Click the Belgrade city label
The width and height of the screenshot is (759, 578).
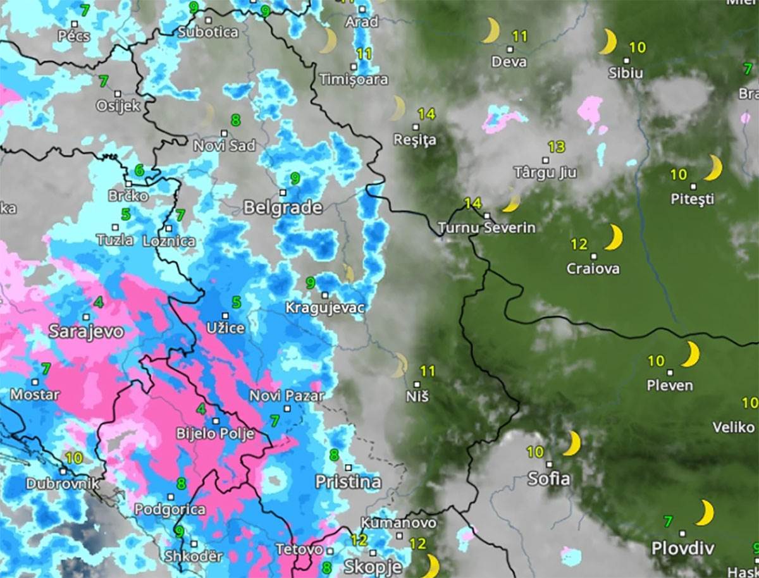(x=283, y=207)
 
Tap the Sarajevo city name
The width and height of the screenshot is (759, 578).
(x=86, y=331)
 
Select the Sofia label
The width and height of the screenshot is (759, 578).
(x=549, y=479)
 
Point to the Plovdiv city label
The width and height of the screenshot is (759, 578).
(x=682, y=548)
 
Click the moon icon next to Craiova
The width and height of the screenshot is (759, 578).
(x=612, y=237)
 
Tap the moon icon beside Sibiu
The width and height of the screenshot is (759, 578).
(x=607, y=42)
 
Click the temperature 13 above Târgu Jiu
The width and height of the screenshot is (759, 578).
(x=556, y=147)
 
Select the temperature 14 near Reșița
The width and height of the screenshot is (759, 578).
(x=426, y=114)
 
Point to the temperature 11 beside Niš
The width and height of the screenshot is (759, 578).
(x=428, y=371)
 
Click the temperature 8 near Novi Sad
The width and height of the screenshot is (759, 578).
(x=236, y=120)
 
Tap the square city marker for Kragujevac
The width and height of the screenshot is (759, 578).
(x=324, y=295)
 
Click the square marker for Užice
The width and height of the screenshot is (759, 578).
(x=225, y=315)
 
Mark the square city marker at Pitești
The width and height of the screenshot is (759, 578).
(x=693, y=187)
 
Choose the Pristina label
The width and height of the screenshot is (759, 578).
(x=349, y=483)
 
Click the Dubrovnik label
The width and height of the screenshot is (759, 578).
(x=63, y=484)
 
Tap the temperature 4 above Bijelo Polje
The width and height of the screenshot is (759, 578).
(x=201, y=409)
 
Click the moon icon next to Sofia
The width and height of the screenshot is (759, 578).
(x=572, y=444)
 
